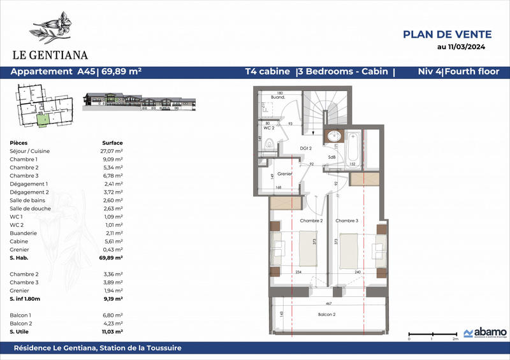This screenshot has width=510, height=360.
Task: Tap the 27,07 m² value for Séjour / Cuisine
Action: point(112,151)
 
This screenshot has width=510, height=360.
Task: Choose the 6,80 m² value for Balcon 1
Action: point(112,315)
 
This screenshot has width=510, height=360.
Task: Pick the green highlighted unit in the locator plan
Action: point(41,119)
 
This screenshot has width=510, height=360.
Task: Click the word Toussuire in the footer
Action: point(160,348)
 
